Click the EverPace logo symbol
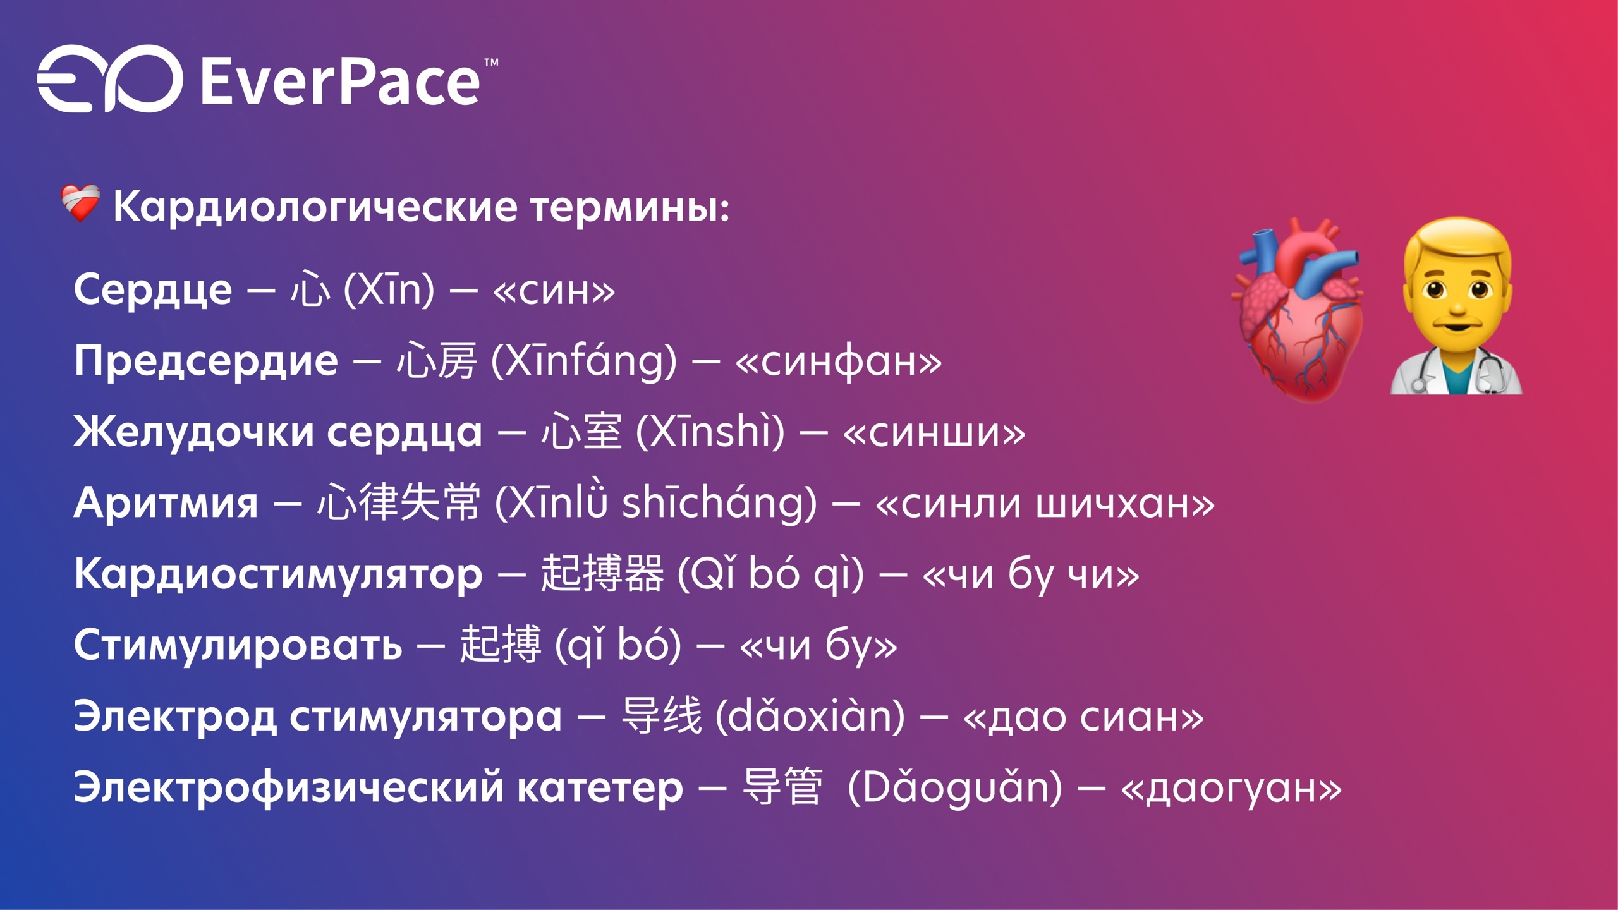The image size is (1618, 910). coord(109,79)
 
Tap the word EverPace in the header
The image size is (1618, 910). coord(341,82)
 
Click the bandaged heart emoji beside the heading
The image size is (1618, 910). coord(80,203)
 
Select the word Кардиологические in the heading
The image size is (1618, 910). coord(315,207)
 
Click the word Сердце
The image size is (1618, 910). coord(153,290)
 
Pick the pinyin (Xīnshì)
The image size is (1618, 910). coord(710,432)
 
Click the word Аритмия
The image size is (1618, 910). coord(166,504)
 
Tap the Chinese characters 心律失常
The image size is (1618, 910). coord(399,502)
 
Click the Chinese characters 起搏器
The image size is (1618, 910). coord(602,574)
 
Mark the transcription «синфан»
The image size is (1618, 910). coord(839,361)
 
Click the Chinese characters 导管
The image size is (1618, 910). coord(782,787)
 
